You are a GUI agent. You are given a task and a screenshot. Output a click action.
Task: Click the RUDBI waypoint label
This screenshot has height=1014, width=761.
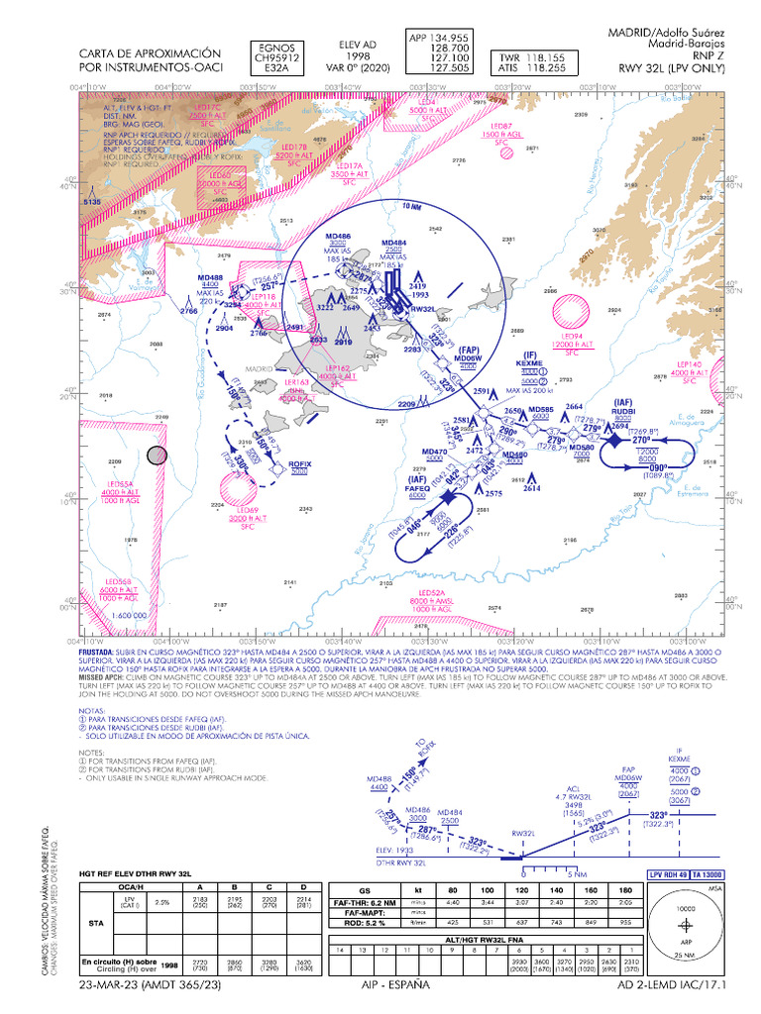(622, 410)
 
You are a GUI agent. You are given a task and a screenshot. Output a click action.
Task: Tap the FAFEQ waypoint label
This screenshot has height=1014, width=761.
(417, 488)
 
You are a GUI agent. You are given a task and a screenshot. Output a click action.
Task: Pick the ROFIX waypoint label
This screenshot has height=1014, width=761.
(299, 463)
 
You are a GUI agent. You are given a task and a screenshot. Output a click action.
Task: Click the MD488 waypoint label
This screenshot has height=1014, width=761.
(210, 277)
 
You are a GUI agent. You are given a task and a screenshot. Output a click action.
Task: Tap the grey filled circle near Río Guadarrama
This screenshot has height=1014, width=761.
(157, 456)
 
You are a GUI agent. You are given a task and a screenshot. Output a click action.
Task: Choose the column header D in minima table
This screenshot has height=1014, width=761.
(303, 887)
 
